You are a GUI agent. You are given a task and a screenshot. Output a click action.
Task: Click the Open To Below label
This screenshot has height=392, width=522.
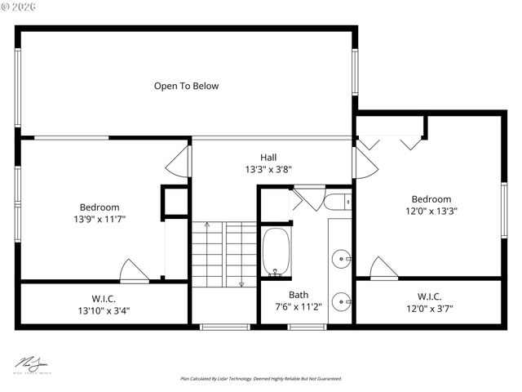point(186,86)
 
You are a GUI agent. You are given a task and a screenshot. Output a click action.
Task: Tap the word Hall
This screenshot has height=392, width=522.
point(268,158)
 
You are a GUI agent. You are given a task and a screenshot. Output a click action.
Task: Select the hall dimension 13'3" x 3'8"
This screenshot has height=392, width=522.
point(268,170)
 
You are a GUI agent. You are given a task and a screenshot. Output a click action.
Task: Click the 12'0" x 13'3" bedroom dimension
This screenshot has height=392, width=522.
point(431,211)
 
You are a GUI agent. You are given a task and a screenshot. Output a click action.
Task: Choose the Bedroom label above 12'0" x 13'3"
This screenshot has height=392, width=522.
point(431,199)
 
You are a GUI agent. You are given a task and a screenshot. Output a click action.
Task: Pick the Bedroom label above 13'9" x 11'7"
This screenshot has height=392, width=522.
point(100,207)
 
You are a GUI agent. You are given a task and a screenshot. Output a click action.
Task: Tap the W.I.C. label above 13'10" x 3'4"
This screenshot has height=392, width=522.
point(103,298)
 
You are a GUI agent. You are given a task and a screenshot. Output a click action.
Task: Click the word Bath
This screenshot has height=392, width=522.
point(298,295)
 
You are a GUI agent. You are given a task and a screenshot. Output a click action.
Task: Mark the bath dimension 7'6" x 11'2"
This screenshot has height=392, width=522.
point(299,307)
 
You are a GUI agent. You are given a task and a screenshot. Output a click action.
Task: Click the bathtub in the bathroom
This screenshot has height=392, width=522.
point(276,253)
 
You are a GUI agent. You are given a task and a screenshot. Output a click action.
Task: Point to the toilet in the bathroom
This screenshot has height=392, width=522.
point(337,201)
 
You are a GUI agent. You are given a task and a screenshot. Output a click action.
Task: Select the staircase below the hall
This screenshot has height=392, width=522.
point(224,253)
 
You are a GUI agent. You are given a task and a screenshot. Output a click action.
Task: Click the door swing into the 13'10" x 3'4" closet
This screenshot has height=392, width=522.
point(134,271)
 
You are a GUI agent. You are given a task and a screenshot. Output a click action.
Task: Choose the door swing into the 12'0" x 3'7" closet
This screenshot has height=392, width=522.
point(383,268)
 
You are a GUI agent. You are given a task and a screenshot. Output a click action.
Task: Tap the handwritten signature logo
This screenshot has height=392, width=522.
point(33,362)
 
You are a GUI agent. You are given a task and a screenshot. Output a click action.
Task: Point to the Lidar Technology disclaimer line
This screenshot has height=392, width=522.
point(261,379)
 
